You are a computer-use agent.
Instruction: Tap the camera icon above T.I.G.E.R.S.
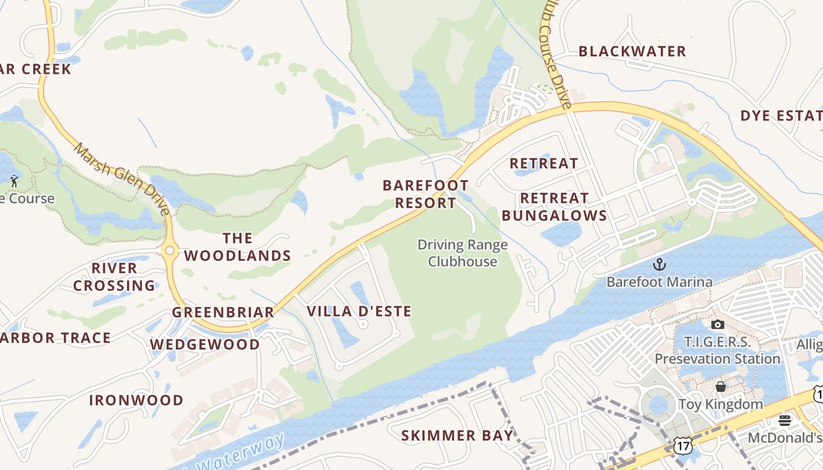coord(717,324)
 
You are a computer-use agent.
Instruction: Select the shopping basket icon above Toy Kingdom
coord(721,387)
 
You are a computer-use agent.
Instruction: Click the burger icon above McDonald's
coord(784,420)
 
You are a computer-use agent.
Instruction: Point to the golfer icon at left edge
coord(14,180)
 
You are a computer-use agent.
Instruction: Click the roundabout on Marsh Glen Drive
coord(169,251)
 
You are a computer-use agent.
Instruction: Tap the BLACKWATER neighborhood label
coord(632,52)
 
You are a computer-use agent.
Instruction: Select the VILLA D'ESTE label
coord(359,311)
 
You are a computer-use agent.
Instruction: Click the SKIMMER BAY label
coord(457,436)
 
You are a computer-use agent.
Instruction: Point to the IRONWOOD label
coord(136,401)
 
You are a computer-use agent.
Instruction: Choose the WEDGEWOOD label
coord(205,345)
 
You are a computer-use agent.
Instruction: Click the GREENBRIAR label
coord(223,313)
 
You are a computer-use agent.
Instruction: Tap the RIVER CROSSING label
coord(114,277)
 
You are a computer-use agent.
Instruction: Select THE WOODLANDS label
coord(237,247)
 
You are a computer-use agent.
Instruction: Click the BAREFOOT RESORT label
coord(426,194)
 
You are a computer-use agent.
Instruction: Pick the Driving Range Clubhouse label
coord(462,253)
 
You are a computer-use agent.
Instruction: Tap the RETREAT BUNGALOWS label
coord(554,207)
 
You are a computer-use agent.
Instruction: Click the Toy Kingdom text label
coord(720,404)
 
